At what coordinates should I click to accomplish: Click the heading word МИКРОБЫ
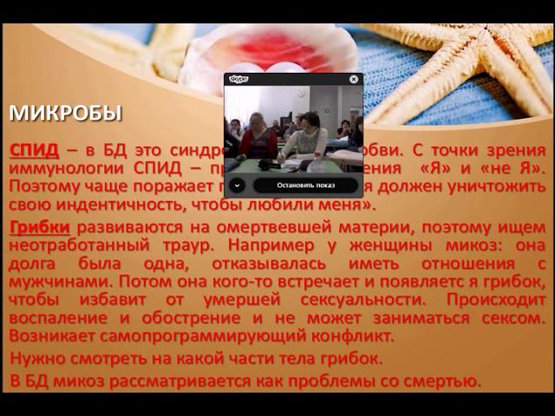(66, 114)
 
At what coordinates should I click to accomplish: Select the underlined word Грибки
(39, 227)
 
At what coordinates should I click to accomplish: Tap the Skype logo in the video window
(238, 79)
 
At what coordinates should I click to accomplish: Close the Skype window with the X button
(354, 79)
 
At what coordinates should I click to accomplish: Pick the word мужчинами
(57, 283)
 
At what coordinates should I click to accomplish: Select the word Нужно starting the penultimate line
(37, 358)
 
